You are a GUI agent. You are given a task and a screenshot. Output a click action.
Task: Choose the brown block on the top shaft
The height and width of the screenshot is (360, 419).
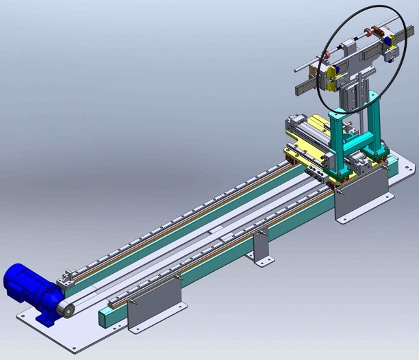coord(370,31)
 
